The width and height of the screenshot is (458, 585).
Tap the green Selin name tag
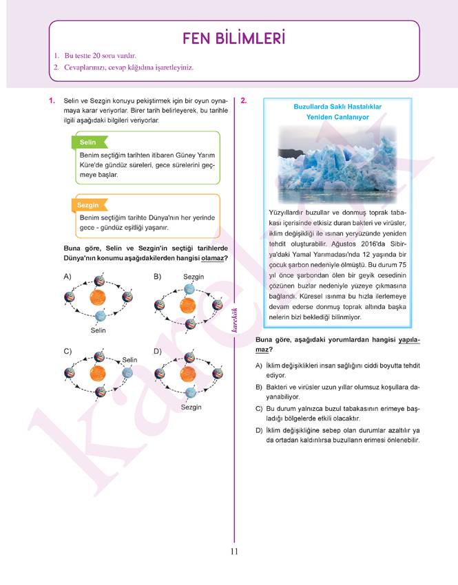click(x=87, y=142)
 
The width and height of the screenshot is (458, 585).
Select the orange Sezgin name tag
click(x=89, y=205)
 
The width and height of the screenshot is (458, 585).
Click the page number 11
click(x=234, y=551)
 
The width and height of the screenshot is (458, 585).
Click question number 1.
click(x=52, y=101)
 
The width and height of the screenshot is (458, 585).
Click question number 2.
click(x=244, y=101)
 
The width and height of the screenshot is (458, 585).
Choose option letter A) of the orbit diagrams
click(x=67, y=277)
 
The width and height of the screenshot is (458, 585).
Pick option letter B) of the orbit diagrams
click(x=157, y=277)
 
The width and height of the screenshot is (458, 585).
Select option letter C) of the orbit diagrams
click(x=67, y=351)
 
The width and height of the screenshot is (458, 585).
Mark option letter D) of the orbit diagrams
click(x=157, y=351)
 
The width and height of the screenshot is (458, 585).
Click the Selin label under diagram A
click(x=98, y=330)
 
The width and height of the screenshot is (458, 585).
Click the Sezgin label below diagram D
click(x=191, y=407)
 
